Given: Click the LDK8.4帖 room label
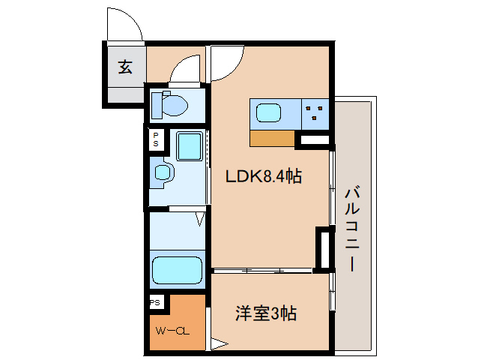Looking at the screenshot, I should pos(264,177).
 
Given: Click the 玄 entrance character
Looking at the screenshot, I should pos(125,67).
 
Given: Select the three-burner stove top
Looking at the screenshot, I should pos(314,114).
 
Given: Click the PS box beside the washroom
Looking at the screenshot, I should pos(156,139).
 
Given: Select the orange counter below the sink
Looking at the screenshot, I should pos(272,138).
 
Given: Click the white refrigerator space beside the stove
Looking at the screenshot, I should pos(314,139).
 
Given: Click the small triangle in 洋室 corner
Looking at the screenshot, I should pos(218,346).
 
